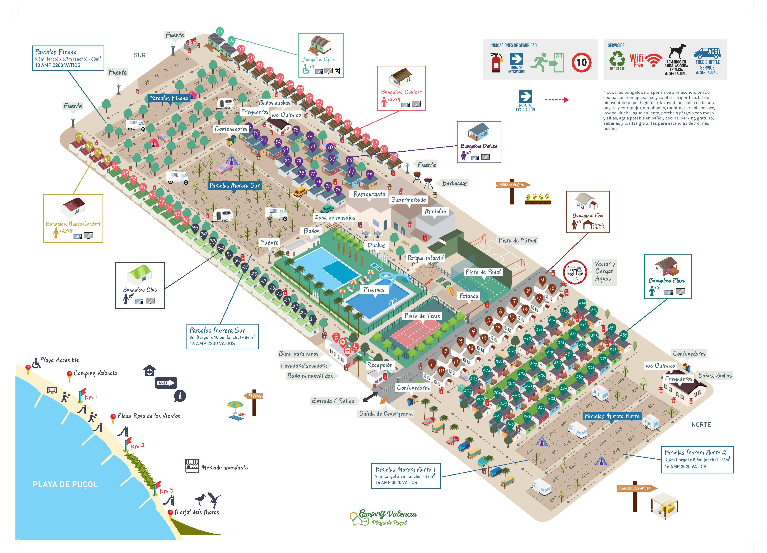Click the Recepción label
tap(380, 365)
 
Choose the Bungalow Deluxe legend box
tap(479, 142)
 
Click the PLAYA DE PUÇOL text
tap(65, 484)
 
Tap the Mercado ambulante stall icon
tap(192, 466)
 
